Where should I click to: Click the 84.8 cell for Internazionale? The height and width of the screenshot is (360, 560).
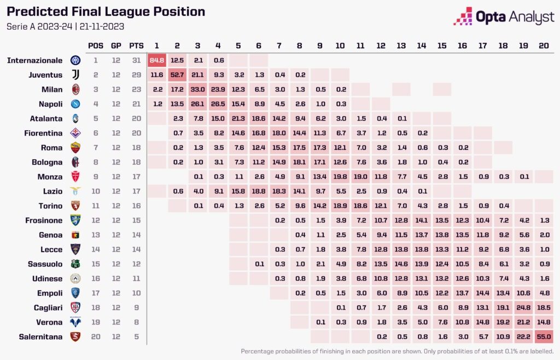coord(157,60)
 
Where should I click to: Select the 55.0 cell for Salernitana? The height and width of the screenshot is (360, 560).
coord(544,337)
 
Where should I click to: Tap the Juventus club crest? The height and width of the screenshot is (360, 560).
coord(75,75)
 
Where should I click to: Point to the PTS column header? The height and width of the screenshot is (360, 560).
coord(136,45)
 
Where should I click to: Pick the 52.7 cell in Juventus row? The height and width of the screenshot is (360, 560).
coord(177,75)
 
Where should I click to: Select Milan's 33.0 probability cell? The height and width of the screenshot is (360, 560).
coord(197,89)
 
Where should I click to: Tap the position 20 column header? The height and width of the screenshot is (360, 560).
coord(544,45)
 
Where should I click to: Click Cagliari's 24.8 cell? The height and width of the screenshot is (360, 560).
coord(523,307)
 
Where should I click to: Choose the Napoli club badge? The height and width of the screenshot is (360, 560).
coord(75,104)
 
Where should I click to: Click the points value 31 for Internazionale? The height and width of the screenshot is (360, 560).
coord(136,60)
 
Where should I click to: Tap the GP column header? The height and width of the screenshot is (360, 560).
coord(116,45)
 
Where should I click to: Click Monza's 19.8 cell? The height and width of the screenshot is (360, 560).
coord(340,177)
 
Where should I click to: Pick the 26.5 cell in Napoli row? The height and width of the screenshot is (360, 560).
coord(218,104)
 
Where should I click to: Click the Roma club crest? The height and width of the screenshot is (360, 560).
coord(75,148)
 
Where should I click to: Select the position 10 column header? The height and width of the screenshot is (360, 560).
coord(340,45)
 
